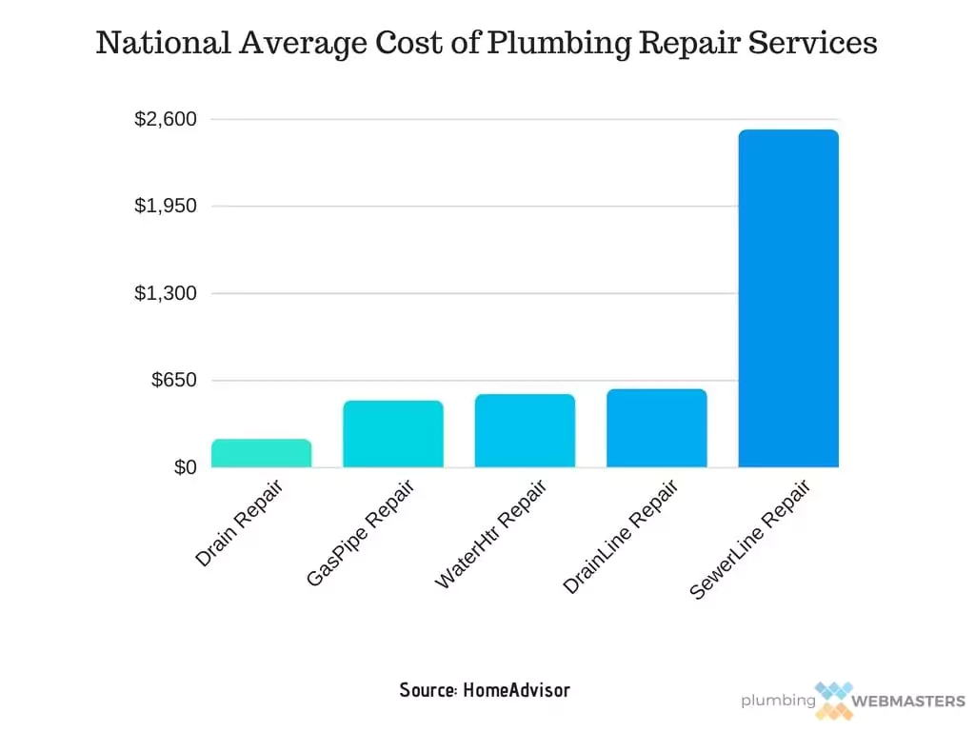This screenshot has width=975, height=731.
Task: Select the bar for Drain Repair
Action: click(261, 453)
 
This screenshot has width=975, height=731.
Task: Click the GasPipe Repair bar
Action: click(392, 434)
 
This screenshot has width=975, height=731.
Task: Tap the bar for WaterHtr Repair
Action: click(525, 430)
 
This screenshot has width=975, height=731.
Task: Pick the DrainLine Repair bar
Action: click(656, 428)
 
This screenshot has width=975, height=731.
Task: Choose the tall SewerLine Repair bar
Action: click(787, 299)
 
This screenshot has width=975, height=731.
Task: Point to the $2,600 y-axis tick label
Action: click(166, 120)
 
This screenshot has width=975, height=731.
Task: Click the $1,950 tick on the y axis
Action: click(166, 207)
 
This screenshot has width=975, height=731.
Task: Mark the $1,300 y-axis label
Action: click(166, 293)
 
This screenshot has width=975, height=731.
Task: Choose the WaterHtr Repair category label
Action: click(490, 535)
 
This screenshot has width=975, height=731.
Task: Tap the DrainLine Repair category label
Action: click(620, 538)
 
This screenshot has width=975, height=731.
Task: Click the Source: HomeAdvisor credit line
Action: click(485, 689)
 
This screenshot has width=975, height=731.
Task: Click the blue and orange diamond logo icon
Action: click(833, 700)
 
